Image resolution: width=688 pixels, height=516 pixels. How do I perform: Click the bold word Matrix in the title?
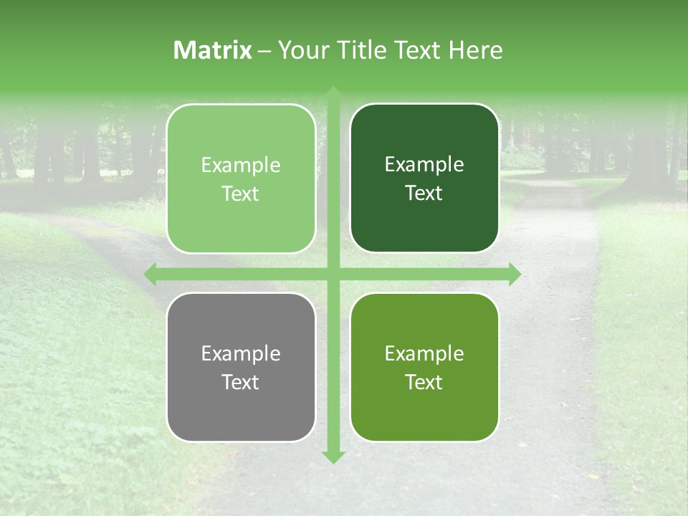point(213,50)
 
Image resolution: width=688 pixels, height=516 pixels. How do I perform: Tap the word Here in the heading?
point(475,50)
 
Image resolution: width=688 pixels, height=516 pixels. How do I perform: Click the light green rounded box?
point(241,178)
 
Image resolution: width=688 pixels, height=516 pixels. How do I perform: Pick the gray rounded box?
point(241,367)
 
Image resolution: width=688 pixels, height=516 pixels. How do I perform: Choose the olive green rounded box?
point(424,367)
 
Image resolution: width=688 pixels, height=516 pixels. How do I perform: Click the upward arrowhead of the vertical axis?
point(333,93)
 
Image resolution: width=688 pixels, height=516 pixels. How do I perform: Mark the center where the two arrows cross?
point(333,274)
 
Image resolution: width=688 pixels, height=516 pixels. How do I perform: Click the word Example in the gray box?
point(241,353)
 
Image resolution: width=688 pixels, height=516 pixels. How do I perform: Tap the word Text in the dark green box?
point(424,193)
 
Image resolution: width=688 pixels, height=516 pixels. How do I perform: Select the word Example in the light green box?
point(241,165)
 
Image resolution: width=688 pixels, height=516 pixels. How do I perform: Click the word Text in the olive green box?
point(424,382)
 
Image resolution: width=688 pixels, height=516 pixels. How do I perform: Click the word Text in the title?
point(417,50)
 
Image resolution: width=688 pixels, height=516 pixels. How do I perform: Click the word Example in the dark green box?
point(424,164)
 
